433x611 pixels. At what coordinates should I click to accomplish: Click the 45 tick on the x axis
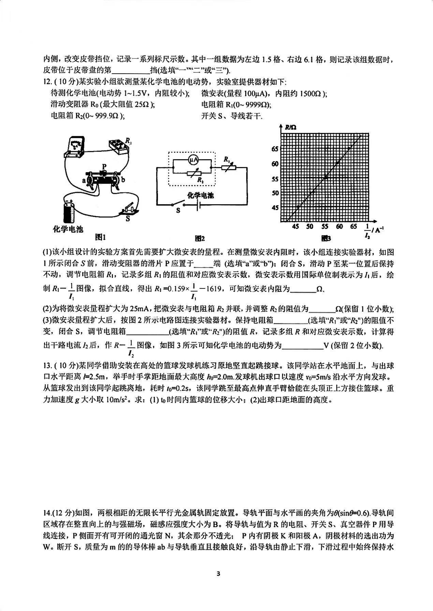pos(295,227)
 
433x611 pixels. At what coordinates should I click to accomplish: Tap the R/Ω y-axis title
pos(290,128)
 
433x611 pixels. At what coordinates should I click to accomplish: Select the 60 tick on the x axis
pos(339,227)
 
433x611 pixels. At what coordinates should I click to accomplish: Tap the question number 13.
pos(47,366)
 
